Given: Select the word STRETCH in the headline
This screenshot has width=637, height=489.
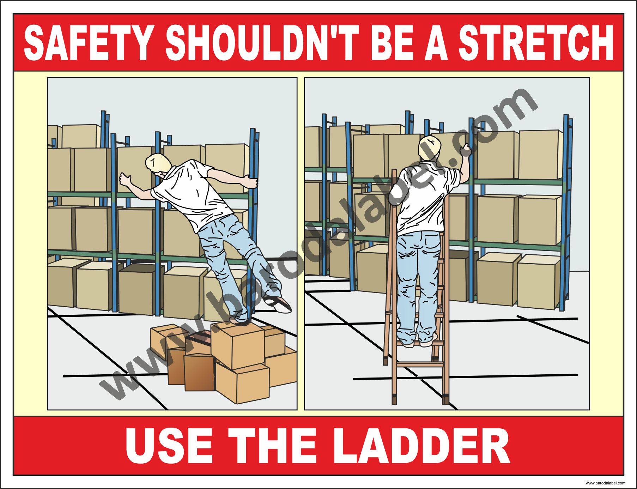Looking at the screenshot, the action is (x=536, y=43).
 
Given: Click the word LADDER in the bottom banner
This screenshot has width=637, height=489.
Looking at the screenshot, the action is (x=423, y=446).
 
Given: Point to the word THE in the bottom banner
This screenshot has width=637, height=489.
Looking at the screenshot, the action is (x=272, y=446).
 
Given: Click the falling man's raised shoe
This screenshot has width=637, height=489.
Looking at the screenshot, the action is (x=278, y=304).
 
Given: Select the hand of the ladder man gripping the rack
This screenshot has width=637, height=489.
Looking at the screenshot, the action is (x=465, y=150).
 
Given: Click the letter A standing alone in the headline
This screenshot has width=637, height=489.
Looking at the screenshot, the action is (x=436, y=43).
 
